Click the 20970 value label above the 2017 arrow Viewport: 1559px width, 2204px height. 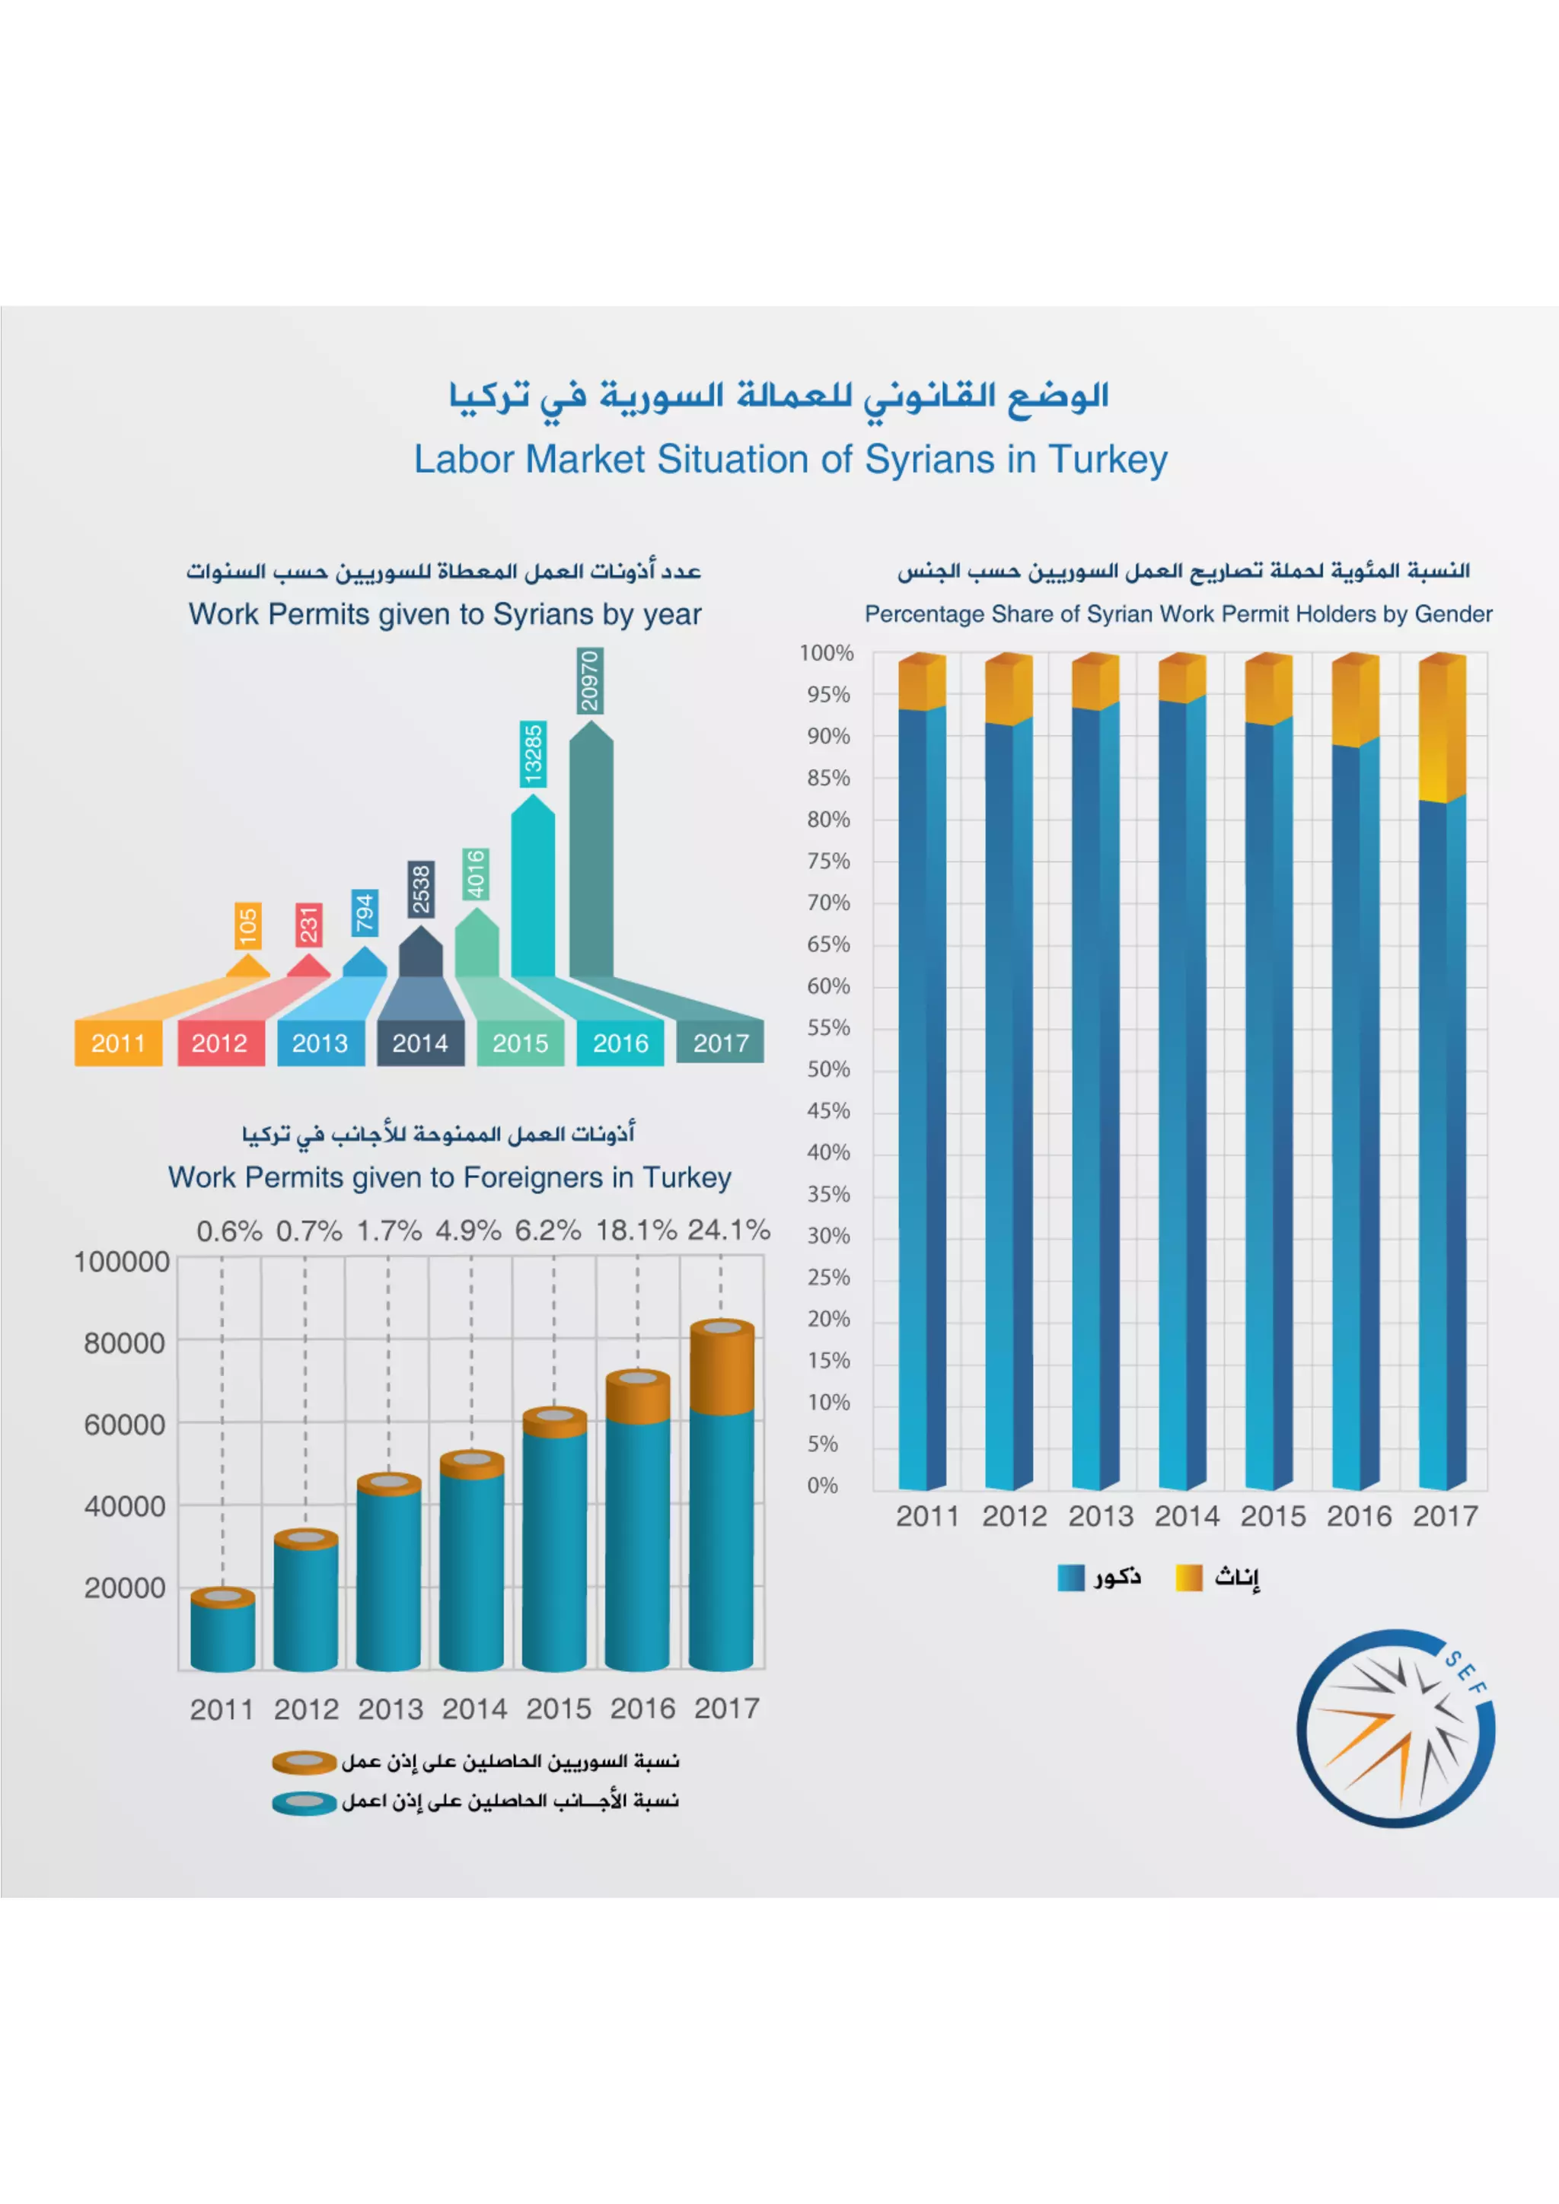pyautogui.click(x=589, y=680)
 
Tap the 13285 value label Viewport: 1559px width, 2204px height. pyautogui.click(x=533, y=753)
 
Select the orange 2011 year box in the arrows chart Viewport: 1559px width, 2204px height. pyautogui.click(x=118, y=1043)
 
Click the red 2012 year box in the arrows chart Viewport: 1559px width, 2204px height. pyautogui.click(x=220, y=1043)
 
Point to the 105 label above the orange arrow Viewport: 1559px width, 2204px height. pyautogui.click(x=247, y=926)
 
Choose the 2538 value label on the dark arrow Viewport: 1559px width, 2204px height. pyautogui.click(x=420, y=889)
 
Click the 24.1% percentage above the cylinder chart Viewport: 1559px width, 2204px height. pyautogui.click(x=728, y=1230)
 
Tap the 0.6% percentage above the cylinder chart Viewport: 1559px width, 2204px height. pyautogui.click(x=228, y=1231)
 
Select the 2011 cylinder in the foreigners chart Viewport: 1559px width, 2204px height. pyautogui.click(x=223, y=1631)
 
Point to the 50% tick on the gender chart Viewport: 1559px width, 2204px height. pyautogui.click(x=828, y=1069)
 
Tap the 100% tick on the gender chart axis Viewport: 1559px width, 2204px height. pyautogui.click(x=827, y=653)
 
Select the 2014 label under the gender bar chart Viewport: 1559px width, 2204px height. pyautogui.click(x=1187, y=1516)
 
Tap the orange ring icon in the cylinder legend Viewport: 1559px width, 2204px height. pyautogui.click(x=304, y=1762)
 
